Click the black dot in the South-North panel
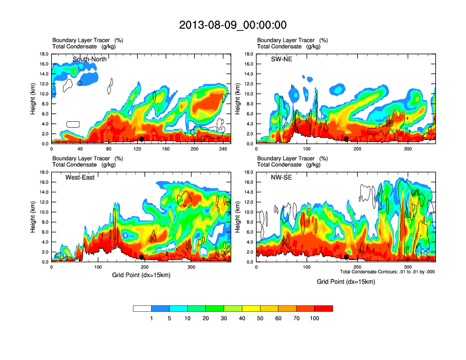(x=142, y=139)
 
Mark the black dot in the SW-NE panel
(x=347, y=139)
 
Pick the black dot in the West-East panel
(x=142, y=257)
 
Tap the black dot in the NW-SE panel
(x=347, y=257)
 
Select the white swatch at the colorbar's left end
(x=142, y=308)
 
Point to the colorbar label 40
(x=242, y=318)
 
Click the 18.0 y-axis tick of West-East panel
(x=44, y=172)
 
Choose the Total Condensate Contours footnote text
(x=387, y=272)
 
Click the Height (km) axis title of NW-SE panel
(x=238, y=217)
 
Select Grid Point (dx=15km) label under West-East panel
(x=141, y=275)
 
